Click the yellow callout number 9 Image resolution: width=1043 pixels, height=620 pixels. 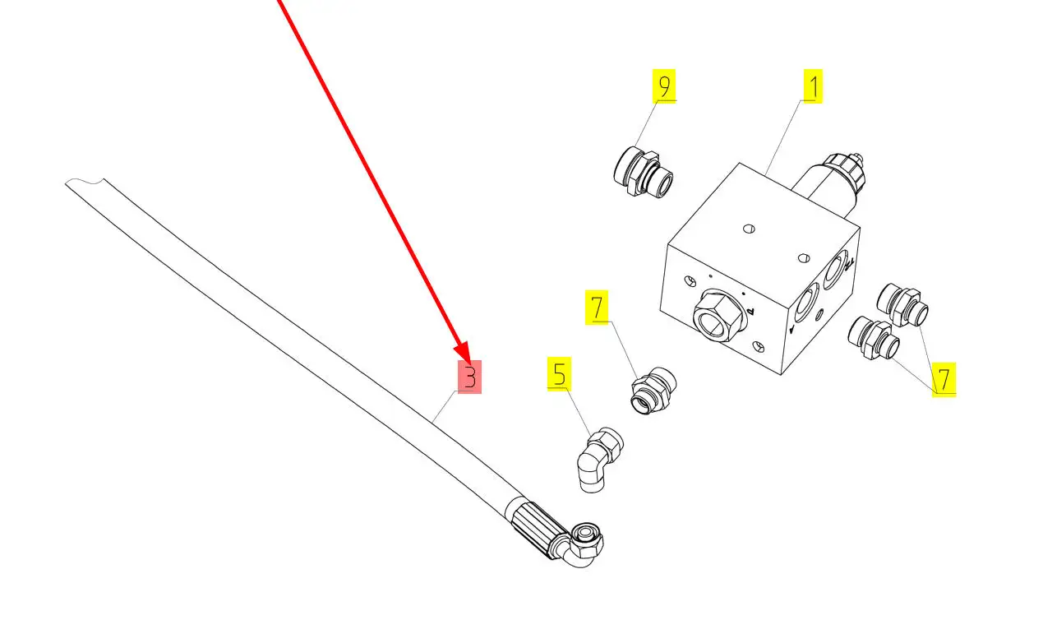click(664, 86)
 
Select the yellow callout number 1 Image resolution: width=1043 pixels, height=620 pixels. click(813, 86)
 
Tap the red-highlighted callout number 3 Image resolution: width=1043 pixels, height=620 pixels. click(469, 377)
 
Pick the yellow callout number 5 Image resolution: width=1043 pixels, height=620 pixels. click(559, 373)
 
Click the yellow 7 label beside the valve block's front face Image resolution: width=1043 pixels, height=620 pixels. click(597, 307)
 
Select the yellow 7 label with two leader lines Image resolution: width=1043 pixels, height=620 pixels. click(944, 379)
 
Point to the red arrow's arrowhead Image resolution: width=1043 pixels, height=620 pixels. click(463, 352)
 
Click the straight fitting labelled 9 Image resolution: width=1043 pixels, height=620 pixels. click(643, 172)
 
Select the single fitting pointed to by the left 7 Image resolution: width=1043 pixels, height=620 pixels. click(653, 391)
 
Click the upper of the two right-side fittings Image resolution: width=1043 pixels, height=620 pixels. click(902, 305)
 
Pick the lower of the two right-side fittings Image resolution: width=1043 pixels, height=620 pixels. click(874, 338)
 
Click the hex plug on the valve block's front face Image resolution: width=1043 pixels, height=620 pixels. click(718, 316)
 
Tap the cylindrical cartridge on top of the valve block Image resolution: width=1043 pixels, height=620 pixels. click(828, 183)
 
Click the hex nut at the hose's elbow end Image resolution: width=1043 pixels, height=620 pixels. click(587, 541)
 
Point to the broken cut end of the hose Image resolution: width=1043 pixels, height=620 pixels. click(85, 182)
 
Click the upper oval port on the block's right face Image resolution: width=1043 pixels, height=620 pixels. click(834, 269)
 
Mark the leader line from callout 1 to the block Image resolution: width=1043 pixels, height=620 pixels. click(783, 138)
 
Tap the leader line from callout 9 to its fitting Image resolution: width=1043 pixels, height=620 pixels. click(646, 123)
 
